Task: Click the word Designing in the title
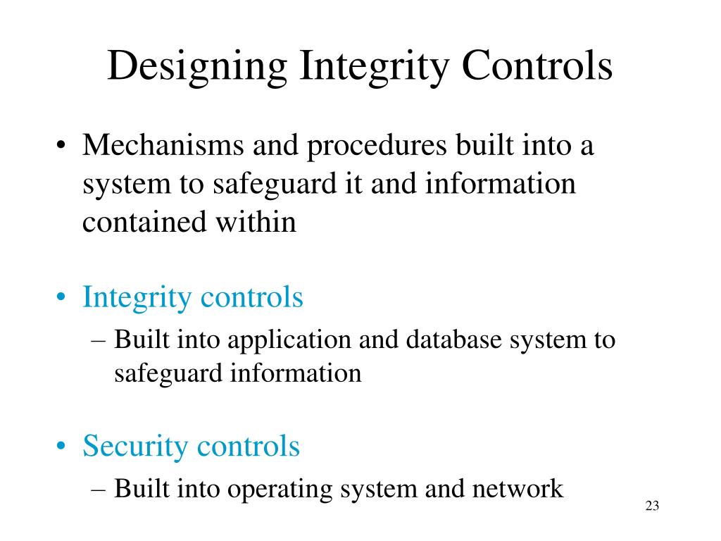click(x=198, y=67)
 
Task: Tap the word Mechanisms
click(x=163, y=147)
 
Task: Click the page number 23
click(x=651, y=506)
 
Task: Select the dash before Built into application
click(x=99, y=340)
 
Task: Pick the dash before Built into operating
click(x=99, y=488)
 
